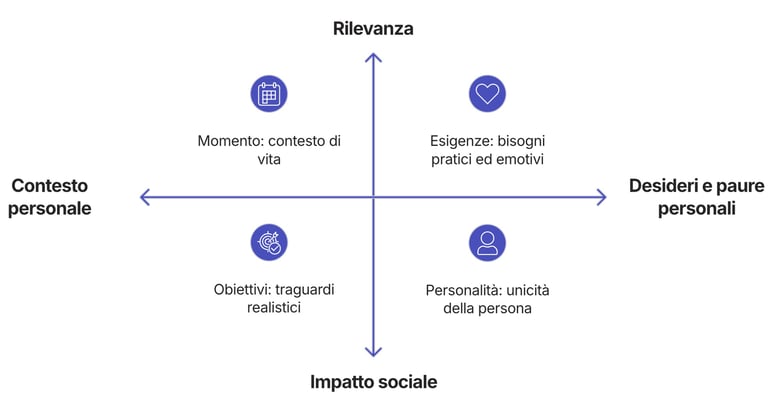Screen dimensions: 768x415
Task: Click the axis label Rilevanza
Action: (373, 29)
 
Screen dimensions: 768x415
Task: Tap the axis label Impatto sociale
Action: (373, 382)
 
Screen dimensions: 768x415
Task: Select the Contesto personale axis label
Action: (50, 197)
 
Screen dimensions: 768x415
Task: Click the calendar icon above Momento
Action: (269, 94)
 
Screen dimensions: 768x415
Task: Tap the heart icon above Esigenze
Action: (487, 94)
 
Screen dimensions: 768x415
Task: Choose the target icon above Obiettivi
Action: (269, 242)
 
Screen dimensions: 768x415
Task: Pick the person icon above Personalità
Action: (487, 242)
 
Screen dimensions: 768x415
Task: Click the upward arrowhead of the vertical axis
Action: (373, 57)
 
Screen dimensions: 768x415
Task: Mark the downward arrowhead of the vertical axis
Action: (373, 351)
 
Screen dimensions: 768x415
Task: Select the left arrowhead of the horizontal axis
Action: (144, 197)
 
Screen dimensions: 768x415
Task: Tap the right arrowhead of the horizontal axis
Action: (601, 197)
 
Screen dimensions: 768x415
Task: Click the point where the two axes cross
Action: (373, 197)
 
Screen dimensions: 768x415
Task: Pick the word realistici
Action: (274, 308)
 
